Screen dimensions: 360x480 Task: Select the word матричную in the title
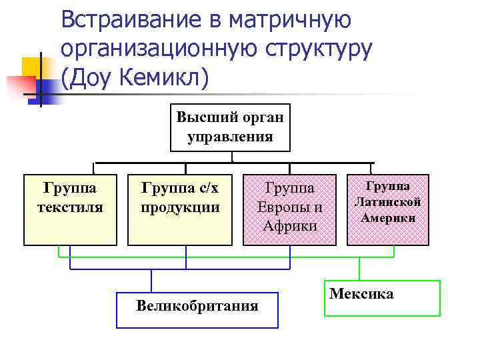click(x=291, y=19)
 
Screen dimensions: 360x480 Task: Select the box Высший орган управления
click(x=230, y=127)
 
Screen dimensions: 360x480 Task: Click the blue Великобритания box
click(x=197, y=310)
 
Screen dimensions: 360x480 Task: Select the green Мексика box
click(x=383, y=297)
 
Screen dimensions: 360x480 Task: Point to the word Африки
click(x=290, y=225)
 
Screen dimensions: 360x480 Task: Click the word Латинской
click(x=388, y=201)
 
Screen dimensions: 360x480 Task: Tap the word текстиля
click(x=70, y=207)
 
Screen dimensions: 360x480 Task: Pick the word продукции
click(x=180, y=207)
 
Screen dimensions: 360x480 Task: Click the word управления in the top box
click(x=230, y=137)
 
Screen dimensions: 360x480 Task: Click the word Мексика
click(x=361, y=293)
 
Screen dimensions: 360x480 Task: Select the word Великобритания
click(x=197, y=306)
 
